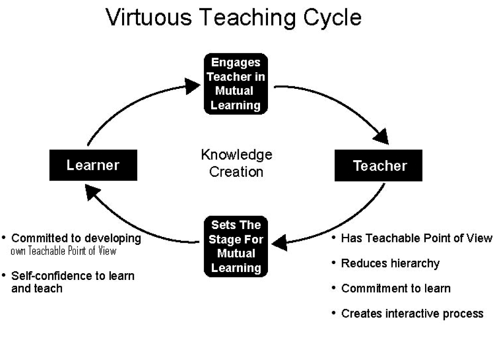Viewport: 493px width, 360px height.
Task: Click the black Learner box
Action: pos(93,165)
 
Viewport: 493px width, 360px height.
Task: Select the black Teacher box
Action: pos(378,166)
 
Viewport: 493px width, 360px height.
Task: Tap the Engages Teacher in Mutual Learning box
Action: pos(236,84)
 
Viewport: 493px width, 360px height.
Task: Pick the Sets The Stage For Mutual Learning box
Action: pos(236,247)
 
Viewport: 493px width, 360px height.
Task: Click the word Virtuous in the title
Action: pos(148,17)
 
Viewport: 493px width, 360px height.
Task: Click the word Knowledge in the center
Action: pos(236,155)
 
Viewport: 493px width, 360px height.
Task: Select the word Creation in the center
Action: pos(236,172)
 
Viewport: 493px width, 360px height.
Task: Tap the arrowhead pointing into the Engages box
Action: pos(192,86)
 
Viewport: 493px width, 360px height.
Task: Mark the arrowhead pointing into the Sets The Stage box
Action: pos(280,243)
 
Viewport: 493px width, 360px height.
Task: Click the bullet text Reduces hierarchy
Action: pos(390,263)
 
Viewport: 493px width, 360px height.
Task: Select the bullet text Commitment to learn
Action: pos(396,288)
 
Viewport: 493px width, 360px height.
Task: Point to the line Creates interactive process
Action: pos(412,313)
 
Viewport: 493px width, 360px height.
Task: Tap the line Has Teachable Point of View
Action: pos(416,238)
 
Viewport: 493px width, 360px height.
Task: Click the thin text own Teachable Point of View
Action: pos(63,251)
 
